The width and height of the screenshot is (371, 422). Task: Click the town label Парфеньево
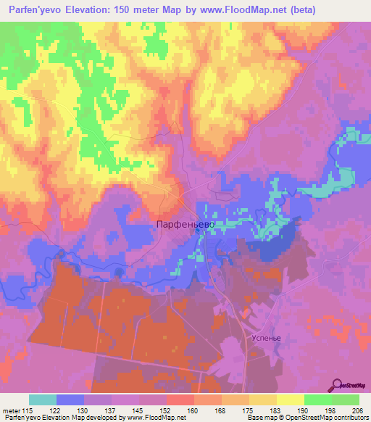[x=184, y=226]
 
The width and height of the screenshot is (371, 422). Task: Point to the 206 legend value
[x=355, y=411]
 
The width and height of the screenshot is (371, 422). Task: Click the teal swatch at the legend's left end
[x=43, y=400]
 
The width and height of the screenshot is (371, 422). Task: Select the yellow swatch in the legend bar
[x=290, y=400]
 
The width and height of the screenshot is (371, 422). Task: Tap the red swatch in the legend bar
[x=179, y=400]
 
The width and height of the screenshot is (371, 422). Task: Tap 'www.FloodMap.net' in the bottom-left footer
[x=154, y=418]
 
